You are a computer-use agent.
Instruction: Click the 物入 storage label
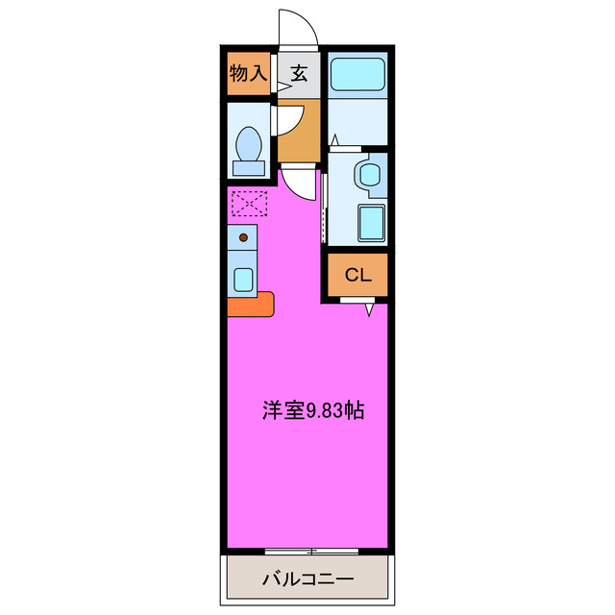tap(248, 73)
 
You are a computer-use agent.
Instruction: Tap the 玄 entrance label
tap(299, 73)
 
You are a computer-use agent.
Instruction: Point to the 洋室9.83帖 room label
tap(312, 410)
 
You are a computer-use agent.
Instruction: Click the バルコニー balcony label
tap(308, 580)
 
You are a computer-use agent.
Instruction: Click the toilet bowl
tap(249, 144)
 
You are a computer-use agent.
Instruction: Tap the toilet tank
tap(249, 168)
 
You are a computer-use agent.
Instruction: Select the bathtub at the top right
tap(357, 74)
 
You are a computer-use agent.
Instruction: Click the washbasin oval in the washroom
tap(367, 175)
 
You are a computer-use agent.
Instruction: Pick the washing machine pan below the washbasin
tap(370, 224)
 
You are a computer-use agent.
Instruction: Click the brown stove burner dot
tap(243, 236)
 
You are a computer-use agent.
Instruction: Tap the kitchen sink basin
tap(243, 279)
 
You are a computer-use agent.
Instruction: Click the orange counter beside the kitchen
tap(251, 305)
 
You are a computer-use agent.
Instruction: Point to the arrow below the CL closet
tap(369, 309)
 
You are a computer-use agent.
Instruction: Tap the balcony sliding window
tap(312, 551)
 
